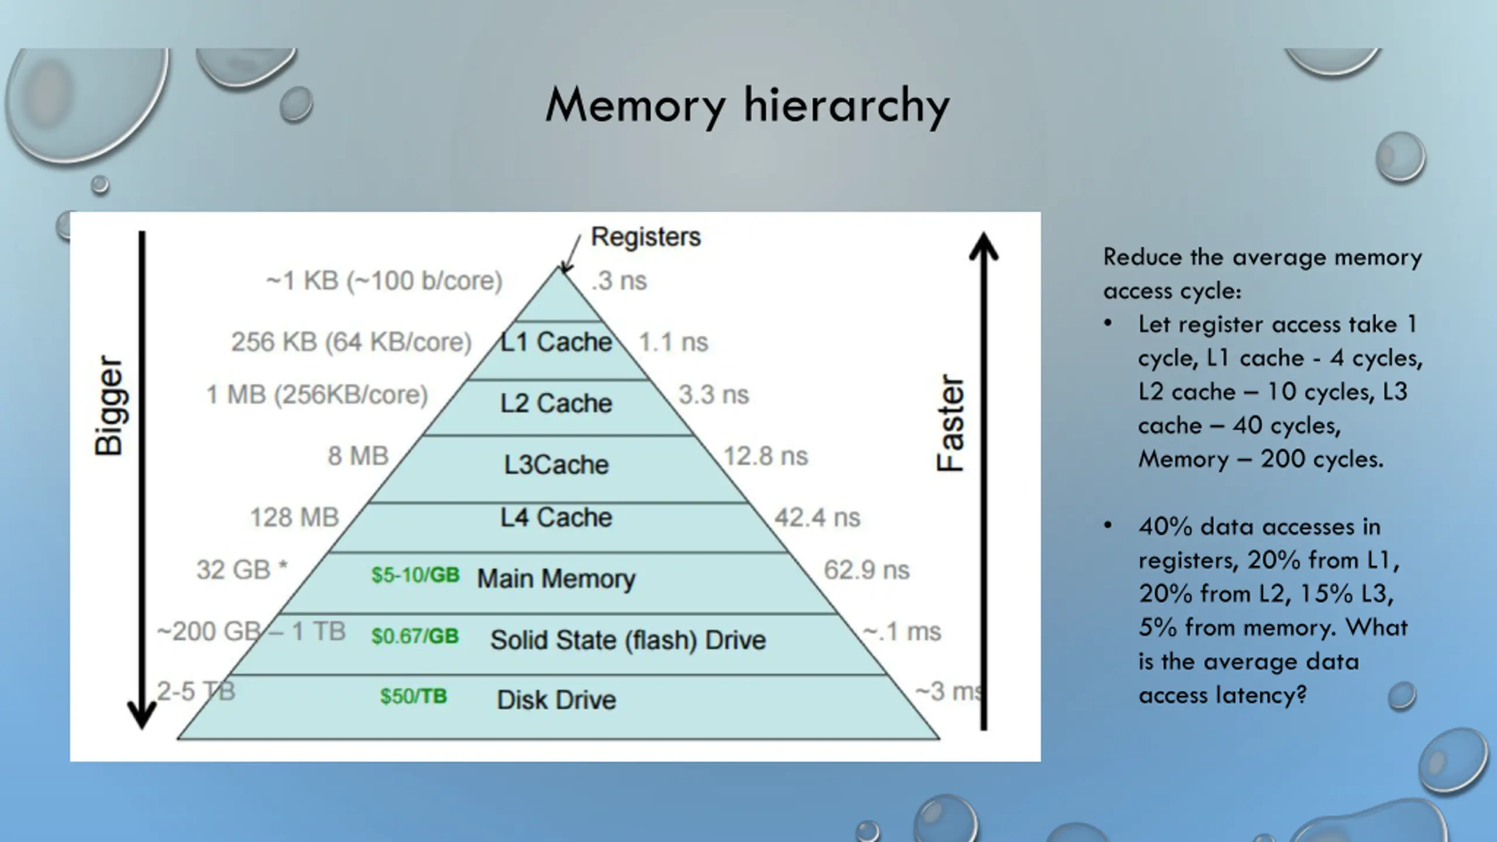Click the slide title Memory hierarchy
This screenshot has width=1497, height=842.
747,106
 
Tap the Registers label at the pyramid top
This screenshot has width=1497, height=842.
645,237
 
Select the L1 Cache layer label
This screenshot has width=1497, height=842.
556,342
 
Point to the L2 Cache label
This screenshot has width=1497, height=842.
556,403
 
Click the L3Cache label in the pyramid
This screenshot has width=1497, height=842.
556,465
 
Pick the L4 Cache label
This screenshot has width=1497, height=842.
556,517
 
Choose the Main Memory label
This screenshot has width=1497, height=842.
556,579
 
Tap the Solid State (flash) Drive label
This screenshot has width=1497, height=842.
627,640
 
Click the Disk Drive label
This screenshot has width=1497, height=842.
556,700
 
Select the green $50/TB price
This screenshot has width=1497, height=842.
413,696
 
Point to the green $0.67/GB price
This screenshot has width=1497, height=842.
415,636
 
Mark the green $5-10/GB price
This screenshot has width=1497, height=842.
416,575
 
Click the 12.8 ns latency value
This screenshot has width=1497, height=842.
765,456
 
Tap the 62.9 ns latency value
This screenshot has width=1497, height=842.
866,570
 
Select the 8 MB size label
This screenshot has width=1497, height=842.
358,456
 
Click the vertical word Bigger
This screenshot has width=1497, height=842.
109,405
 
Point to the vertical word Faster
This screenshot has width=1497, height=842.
950,423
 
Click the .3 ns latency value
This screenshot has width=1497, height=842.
619,281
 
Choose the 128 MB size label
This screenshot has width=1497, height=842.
294,517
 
